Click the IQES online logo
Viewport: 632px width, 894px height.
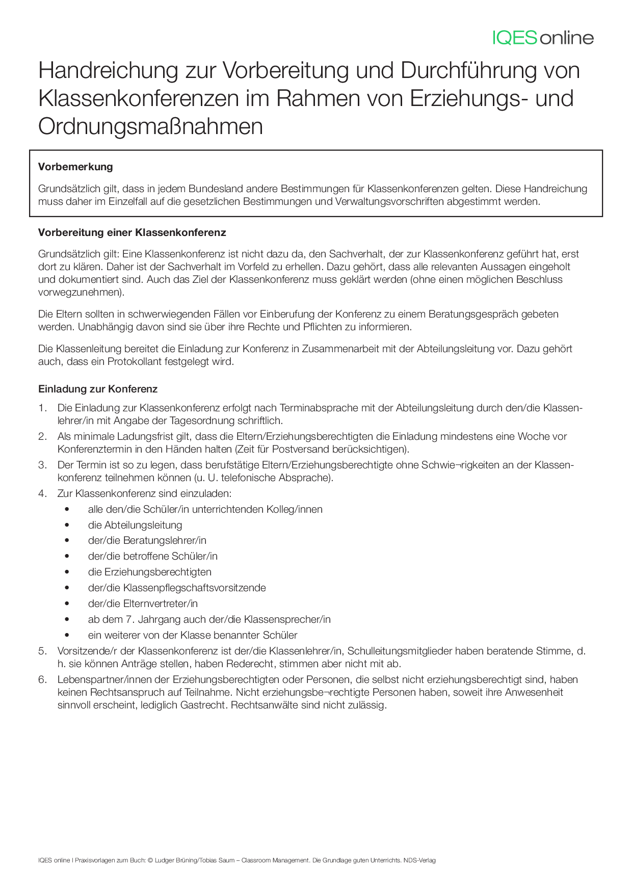coord(543,38)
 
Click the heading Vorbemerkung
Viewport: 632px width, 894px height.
coord(75,167)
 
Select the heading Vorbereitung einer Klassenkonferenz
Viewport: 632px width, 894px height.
coord(132,233)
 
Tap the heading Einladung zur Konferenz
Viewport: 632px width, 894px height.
coord(98,389)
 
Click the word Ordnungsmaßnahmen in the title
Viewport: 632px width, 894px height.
coord(150,126)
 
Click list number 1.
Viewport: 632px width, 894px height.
coord(42,408)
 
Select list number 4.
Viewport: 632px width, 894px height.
coord(42,493)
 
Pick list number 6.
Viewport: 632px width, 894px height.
coord(42,679)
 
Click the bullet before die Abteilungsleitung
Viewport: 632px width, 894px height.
coord(67,525)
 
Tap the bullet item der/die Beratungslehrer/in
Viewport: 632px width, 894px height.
coord(147,540)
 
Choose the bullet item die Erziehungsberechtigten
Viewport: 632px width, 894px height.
coord(149,572)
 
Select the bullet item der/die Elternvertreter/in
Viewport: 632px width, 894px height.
coord(143,603)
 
